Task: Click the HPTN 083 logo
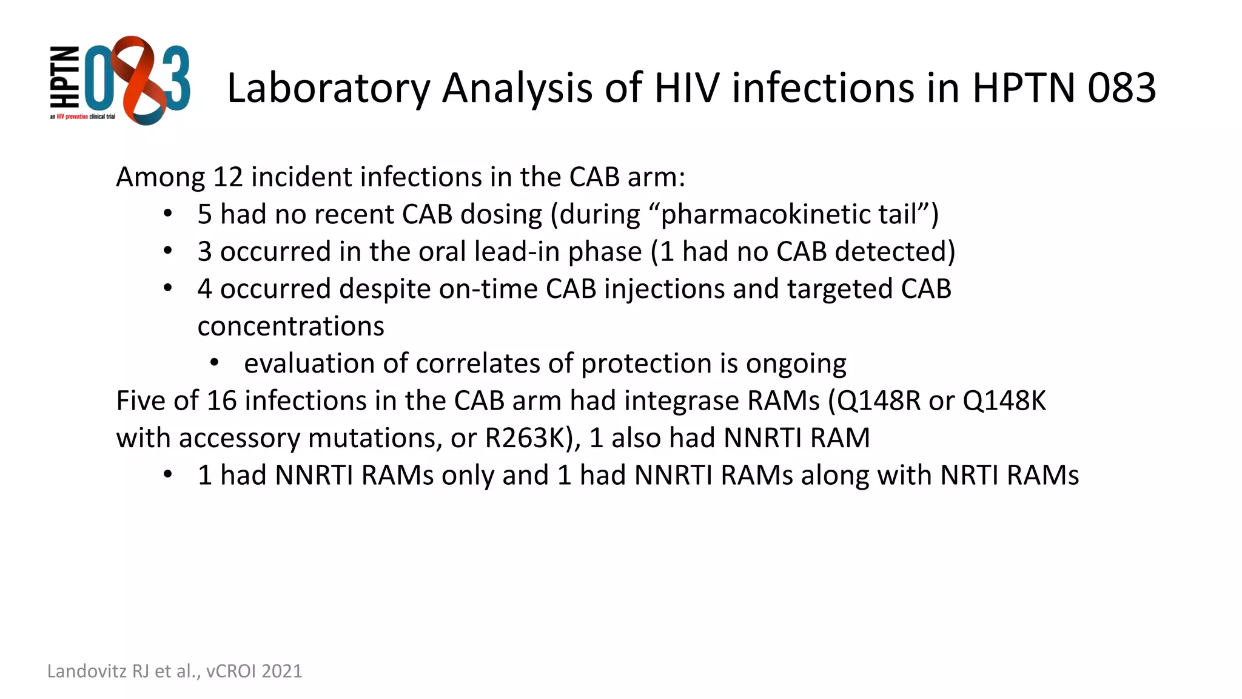[x=119, y=80]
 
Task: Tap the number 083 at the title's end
[x=1121, y=88]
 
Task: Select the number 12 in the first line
[x=228, y=177]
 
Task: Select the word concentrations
[x=290, y=326]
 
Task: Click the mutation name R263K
[x=525, y=438]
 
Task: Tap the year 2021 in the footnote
[x=282, y=671]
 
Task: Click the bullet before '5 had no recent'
[x=168, y=215]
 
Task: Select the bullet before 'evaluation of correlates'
[x=214, y=363]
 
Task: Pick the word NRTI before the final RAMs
[x=968, y=475]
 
